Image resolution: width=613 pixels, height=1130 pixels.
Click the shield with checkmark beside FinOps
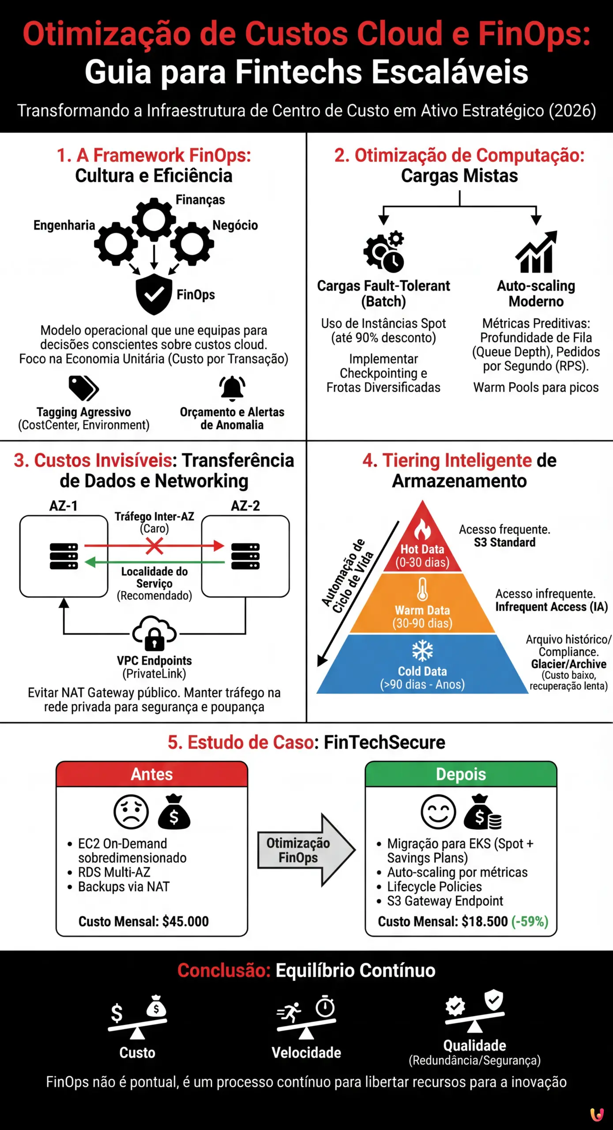pos(154,294)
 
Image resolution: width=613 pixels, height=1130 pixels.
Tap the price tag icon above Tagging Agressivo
pos(83,388)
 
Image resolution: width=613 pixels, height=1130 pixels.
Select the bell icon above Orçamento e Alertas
pos(232,388)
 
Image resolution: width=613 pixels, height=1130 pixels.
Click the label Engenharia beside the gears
pos(64,226)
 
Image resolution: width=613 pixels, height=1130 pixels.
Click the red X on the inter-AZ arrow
pos(154,546)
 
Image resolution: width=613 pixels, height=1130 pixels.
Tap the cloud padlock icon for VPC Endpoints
pos(154,633)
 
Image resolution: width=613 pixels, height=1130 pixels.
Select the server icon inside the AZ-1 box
pos(64,556)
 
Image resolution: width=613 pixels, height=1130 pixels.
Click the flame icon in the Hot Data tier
pos(422,529)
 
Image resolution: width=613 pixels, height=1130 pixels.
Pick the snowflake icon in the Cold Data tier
pos(422,651)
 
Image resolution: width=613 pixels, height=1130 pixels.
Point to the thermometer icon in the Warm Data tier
pos(422,589)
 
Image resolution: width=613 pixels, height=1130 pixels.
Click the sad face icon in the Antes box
pos(131,812)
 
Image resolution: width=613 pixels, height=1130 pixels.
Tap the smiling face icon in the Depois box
pos(438,812)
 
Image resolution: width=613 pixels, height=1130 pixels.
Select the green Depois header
pos(461,774)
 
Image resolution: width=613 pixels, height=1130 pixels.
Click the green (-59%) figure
pos(530,922)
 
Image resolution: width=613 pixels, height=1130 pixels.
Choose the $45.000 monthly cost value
pos(185,922)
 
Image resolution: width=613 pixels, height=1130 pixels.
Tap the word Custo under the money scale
pos(137,1053)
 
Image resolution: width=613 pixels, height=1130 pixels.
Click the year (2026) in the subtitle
pos(572,110)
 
